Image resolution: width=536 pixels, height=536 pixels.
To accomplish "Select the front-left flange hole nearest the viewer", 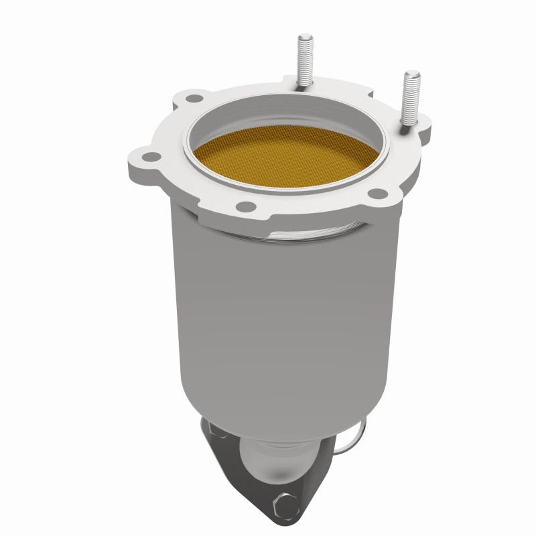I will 245,206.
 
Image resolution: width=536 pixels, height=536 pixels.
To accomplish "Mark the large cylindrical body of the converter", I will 281,315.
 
